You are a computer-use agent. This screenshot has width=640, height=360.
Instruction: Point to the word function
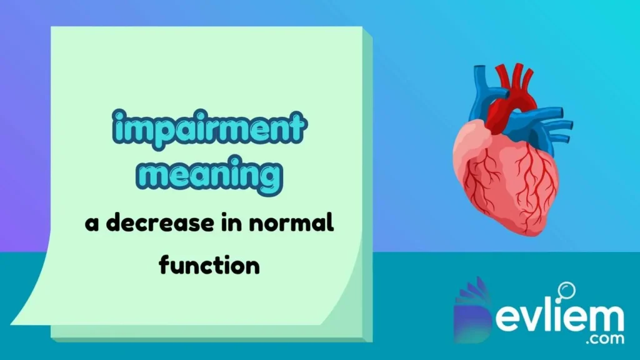(209, 265)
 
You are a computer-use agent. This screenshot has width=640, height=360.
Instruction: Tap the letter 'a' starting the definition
(92, 225)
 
